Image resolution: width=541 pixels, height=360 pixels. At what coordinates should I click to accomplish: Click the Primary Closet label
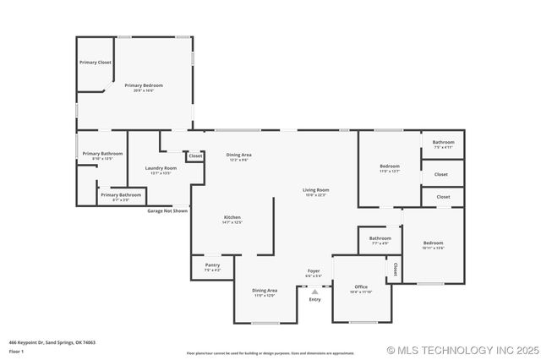(x=95, y=63)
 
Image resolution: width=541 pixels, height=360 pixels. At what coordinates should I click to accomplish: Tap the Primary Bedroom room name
(x=144, y=85)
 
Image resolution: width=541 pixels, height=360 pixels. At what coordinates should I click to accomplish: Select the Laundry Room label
(x=161, y=168)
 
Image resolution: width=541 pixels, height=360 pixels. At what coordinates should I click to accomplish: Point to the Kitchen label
(x=232, y=217)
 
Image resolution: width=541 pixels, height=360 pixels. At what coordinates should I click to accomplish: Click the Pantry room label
(x=212, y=265)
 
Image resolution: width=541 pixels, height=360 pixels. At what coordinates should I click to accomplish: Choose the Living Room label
(x=315, y=190)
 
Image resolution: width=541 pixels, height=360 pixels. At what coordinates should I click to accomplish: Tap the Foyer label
(x=314, y=271)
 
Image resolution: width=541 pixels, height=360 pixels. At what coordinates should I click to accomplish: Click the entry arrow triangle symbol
(x=314, y=292)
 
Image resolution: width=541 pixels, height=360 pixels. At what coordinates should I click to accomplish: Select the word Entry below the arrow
(x=314, y=300)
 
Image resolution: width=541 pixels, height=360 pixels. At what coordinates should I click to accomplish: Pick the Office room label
(x=361, y=286)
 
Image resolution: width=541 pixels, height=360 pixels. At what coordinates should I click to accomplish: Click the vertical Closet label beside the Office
(x=395, y=270)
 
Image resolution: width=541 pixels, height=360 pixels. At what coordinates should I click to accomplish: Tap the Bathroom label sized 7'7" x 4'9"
(x=380, y=238)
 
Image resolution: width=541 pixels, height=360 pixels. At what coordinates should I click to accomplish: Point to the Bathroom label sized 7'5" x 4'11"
(x=443, y=142)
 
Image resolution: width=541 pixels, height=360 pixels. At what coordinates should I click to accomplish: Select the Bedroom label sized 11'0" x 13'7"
(x=389, y=166)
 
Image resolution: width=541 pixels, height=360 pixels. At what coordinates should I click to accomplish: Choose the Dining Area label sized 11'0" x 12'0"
(x=265, y=291)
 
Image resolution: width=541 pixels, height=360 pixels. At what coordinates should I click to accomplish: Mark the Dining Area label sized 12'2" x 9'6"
(x=238, y=155)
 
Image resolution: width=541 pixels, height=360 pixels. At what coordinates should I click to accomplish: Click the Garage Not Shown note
(x=167, y=210)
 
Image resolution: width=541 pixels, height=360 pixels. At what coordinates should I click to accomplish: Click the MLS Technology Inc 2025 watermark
(x=462, y=350)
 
